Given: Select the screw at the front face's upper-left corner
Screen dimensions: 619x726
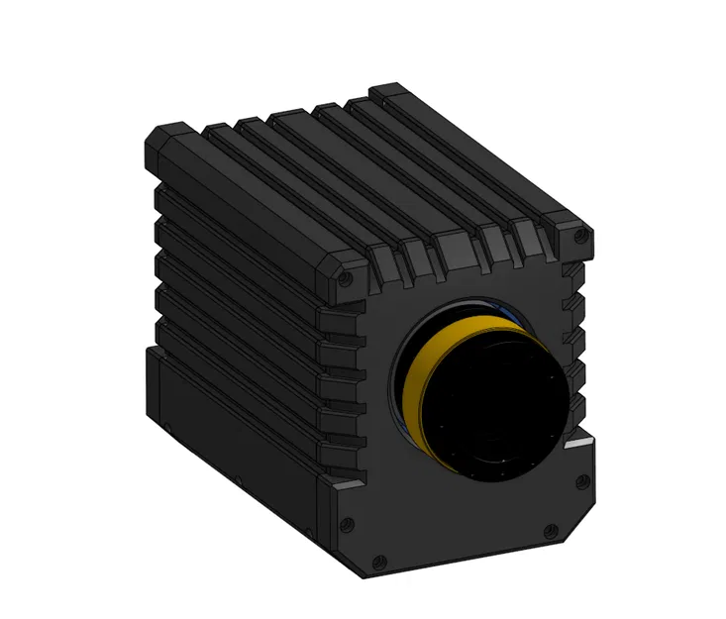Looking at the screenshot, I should coord(344,280).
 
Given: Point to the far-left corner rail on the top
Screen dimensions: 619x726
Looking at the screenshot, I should coord(163,134).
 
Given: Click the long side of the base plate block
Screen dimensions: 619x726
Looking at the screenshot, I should coord(238,436).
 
